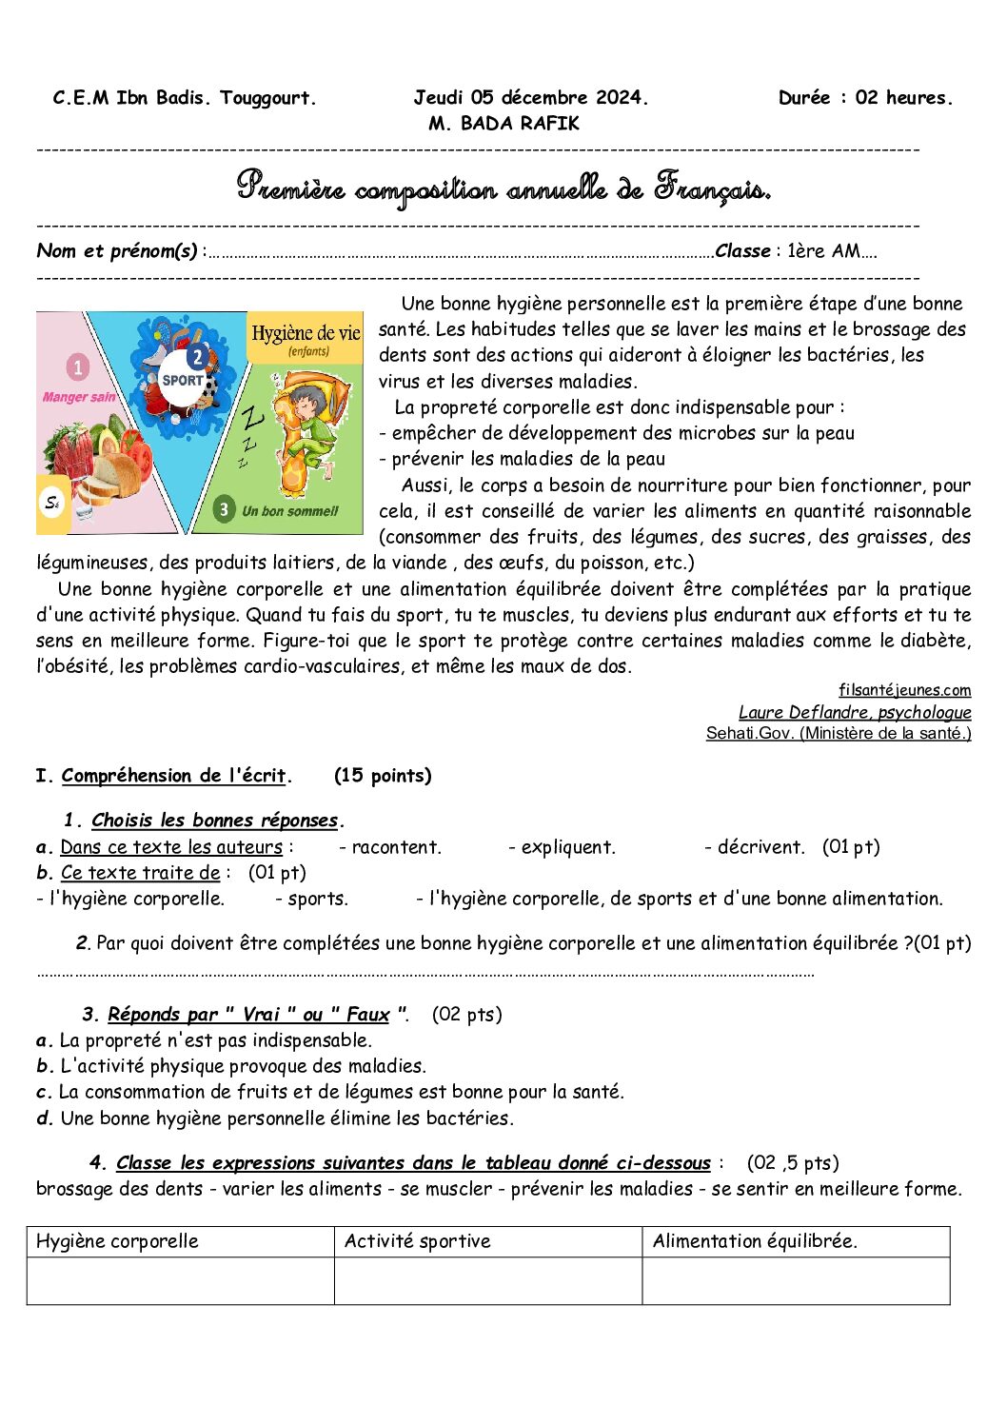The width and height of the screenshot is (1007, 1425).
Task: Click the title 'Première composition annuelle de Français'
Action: click(503, 188)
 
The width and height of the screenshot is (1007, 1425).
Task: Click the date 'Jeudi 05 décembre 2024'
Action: click(530, 97)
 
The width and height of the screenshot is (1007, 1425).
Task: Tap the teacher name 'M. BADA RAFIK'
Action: click(503, 123)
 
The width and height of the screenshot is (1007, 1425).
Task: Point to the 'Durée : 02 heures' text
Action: click(864, 97)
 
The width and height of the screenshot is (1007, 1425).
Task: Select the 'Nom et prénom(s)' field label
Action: click(117, 251)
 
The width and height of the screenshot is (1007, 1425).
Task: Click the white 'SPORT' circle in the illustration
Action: click(183, 379)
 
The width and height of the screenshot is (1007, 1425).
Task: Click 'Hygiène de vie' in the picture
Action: click(306, 333)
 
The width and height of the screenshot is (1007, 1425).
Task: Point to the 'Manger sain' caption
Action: click(79, 397)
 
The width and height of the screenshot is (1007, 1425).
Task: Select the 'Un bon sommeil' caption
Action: click(289, 511)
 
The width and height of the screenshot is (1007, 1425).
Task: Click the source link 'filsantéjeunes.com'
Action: click(904, 690)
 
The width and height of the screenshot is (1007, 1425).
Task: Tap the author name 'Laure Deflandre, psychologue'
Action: click(855, 712)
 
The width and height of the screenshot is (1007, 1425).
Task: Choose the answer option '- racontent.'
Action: click(390, 847)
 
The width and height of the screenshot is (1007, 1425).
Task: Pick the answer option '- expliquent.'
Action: click(562, 847)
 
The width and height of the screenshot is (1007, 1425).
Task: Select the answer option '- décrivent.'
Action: click(755, 847)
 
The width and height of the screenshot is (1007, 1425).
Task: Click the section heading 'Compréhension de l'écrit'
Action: click(174, 776)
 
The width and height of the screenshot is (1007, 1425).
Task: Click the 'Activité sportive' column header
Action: click(417, 1241)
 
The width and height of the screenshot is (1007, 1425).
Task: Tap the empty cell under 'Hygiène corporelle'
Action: click(180, 1280)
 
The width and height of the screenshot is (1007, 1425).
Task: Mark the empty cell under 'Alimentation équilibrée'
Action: click(796, 1280)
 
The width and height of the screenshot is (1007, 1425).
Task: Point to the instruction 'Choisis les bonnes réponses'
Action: click(215, 821)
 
